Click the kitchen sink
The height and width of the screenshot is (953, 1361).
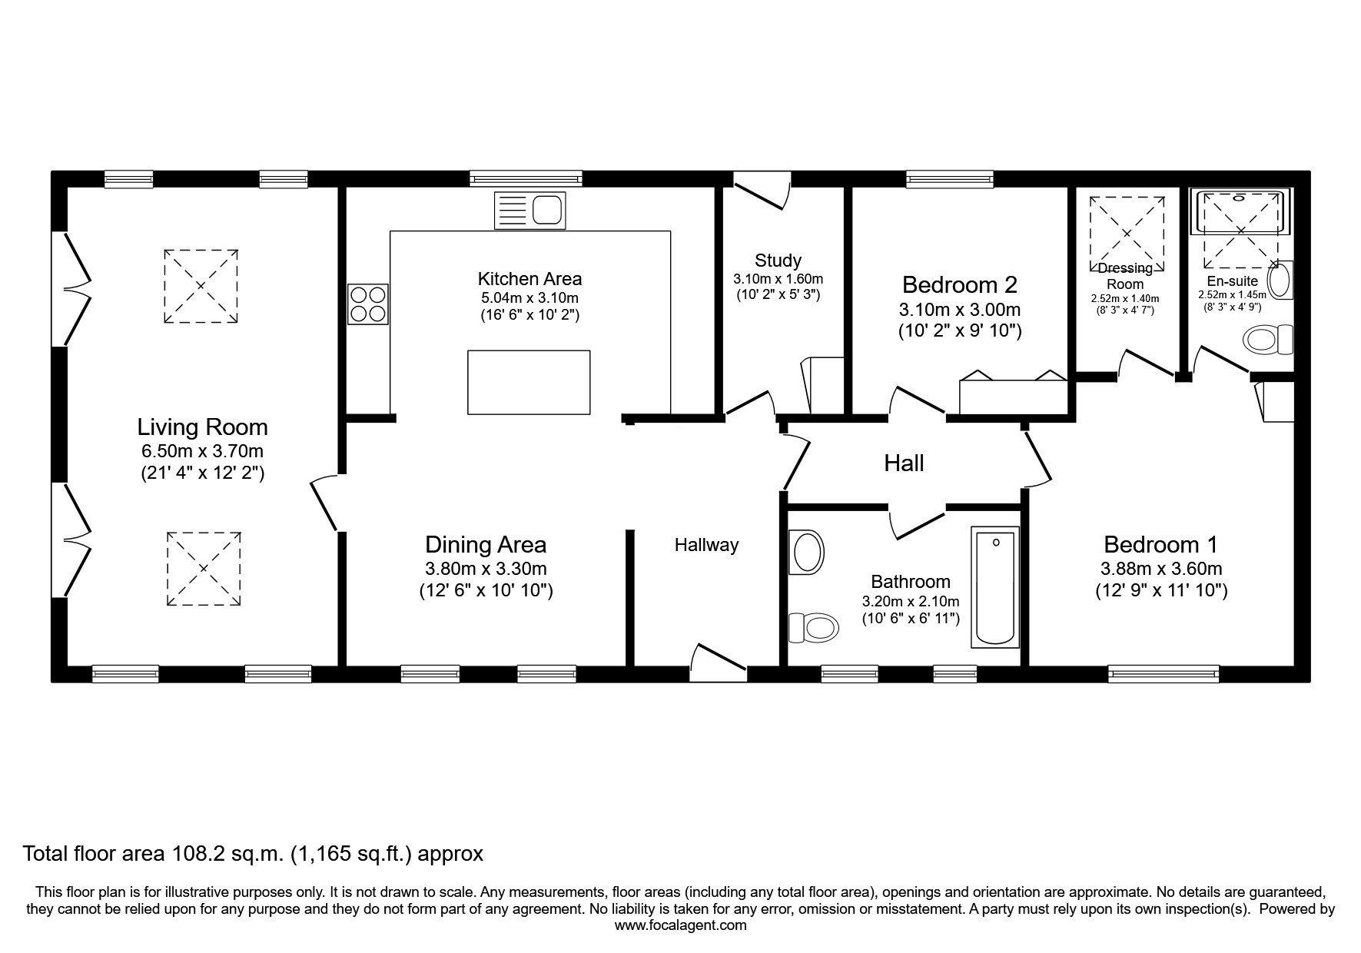coord(529,210)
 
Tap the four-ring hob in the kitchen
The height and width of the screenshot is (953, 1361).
coord(368,304)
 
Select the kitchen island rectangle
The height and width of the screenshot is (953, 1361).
coord(529,383)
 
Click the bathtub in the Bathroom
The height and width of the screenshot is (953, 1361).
coord(995,586)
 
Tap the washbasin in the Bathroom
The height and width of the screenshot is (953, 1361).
coord(806,552)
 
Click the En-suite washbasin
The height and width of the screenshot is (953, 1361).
coord(1280,280)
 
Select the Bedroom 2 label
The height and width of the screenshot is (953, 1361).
coord(960,285)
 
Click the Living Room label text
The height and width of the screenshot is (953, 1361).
coord(202,427)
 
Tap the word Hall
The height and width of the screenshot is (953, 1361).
coord(904,463)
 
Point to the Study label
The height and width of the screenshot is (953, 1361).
coord(778,261)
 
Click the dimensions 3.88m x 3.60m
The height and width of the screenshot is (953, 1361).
coord(1161,569)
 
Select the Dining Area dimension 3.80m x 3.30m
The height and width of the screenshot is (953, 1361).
coord(486,569)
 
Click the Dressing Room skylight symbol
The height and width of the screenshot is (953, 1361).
coord(1127,234)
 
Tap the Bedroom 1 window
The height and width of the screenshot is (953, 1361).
coord(1163,674)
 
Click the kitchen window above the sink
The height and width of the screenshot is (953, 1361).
coord(526,179)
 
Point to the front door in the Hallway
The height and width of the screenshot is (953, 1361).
coord(719,662)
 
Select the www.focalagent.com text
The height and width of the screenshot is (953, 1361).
coord(681,925)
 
